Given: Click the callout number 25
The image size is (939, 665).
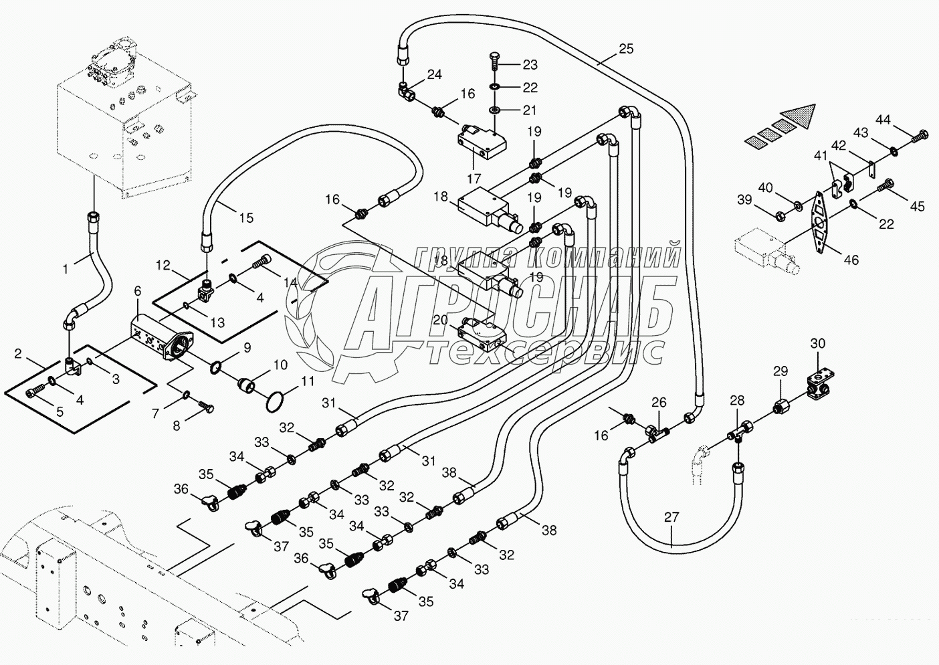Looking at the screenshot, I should [x=625, y=49].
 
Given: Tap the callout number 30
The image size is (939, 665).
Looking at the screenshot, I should [x=818, y=344].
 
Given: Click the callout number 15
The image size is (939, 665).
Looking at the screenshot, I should [x=246, y=217].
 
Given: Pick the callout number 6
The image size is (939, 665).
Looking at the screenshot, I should [x=137, y=291].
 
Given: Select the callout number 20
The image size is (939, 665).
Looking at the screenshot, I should [x=439, y=320].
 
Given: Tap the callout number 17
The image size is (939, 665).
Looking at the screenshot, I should [x=474, y=179].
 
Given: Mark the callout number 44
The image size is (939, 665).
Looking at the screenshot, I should [x=883, y=120].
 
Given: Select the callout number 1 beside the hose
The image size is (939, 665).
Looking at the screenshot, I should [x=66, y=269].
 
